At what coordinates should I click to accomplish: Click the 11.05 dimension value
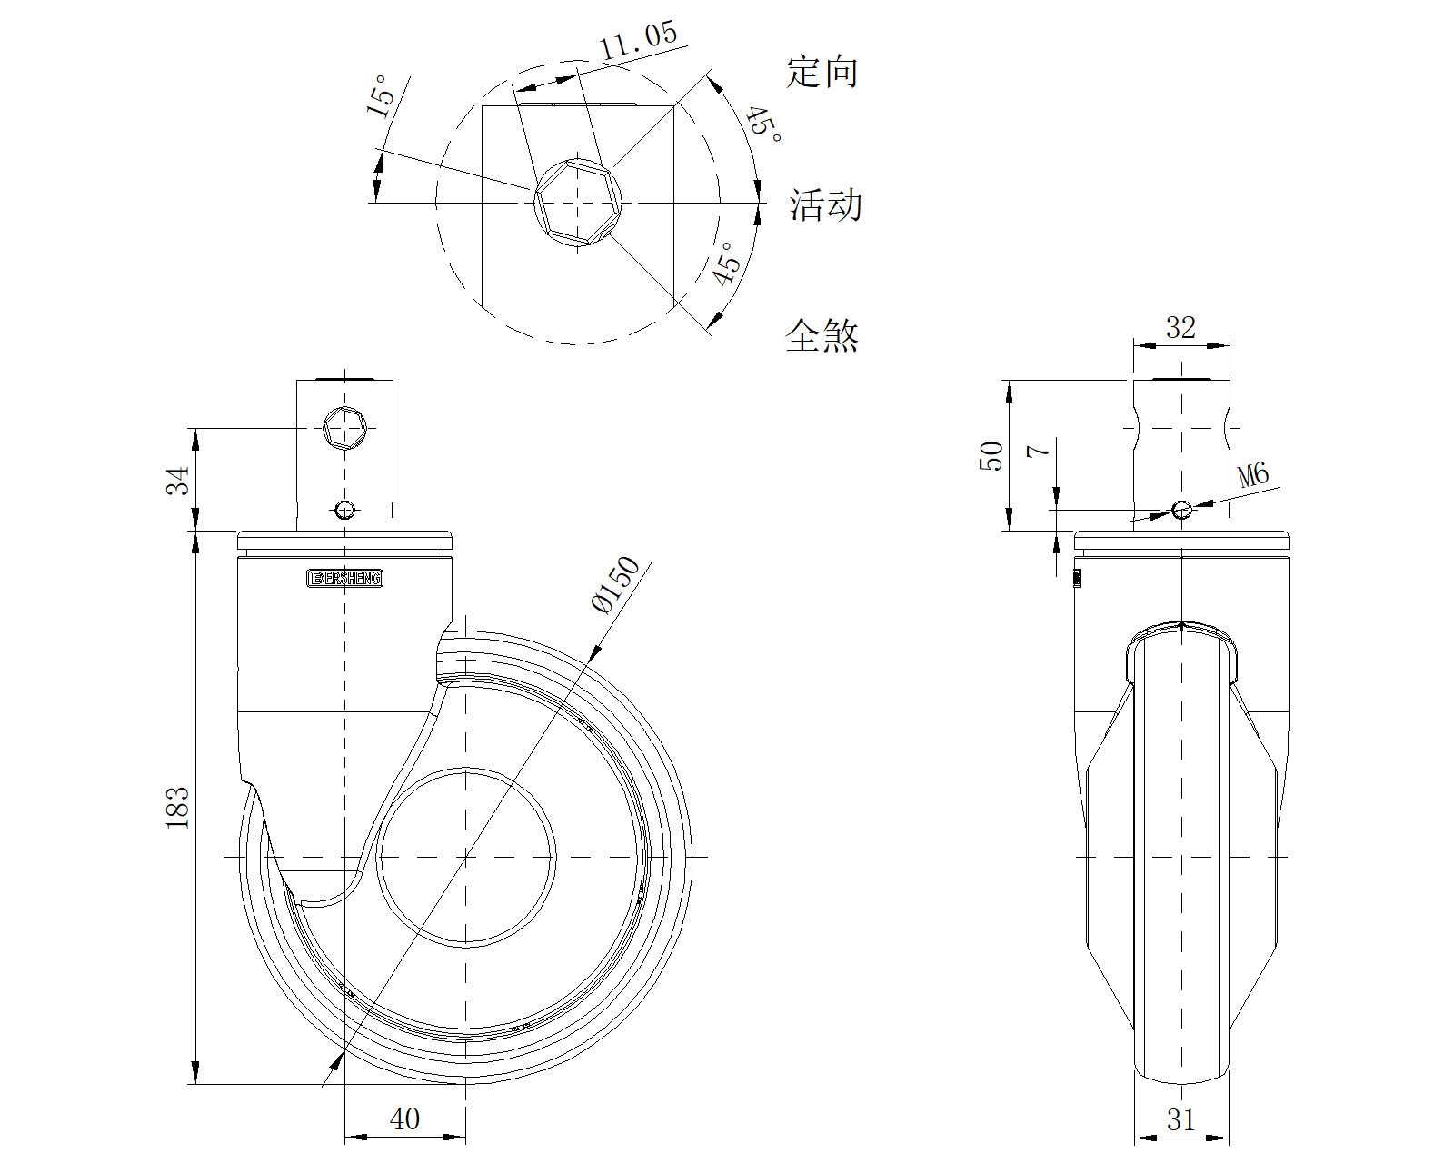coord(639,41)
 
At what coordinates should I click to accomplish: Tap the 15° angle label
coord(380,95)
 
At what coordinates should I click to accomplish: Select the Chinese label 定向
coord(822,72)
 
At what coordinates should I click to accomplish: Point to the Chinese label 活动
coord(825,205)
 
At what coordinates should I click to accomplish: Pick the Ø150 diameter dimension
coord(617,586)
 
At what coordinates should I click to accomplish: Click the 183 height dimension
coord(177,807)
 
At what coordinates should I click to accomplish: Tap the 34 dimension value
coord(178,480)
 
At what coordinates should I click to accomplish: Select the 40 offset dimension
coord(404,1119)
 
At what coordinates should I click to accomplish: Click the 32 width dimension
coord(1180,327)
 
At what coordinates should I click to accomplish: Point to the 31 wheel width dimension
coord(1180,1120)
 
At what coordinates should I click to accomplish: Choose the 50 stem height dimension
coord(991,455)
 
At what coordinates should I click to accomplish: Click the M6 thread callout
coord(1253,475)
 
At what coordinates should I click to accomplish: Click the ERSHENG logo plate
coord(345,578)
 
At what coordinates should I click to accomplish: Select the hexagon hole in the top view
coord(578,202)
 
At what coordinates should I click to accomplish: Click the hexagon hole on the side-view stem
coord(345,427)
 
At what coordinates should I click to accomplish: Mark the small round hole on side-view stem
coord(345,509)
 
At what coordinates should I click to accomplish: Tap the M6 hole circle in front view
coord(1180,510)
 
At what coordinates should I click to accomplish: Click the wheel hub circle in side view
coord(465,857)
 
